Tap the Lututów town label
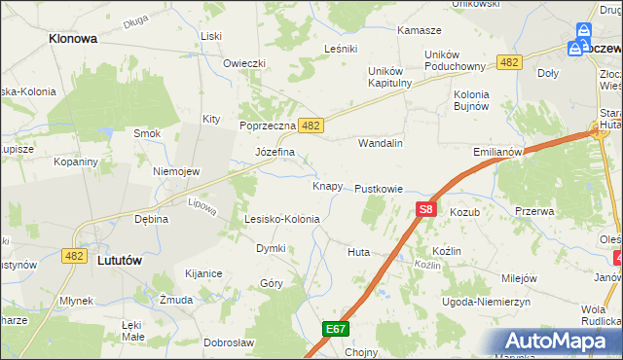click(x=122, y=260)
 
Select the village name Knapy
click(x=327, y=185)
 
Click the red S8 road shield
click(x=425, y=208)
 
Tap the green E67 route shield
click(x=336, y=329)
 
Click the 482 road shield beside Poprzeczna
click(x=311, y=126)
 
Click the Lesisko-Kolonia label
click(x=282, y=219)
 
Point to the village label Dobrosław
click(x=229, y=342)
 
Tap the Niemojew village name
click(x=176, y=171)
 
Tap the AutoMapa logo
click(x=560, y=342)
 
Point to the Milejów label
click(x=519, y=277)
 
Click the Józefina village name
click(x=275, y=153)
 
